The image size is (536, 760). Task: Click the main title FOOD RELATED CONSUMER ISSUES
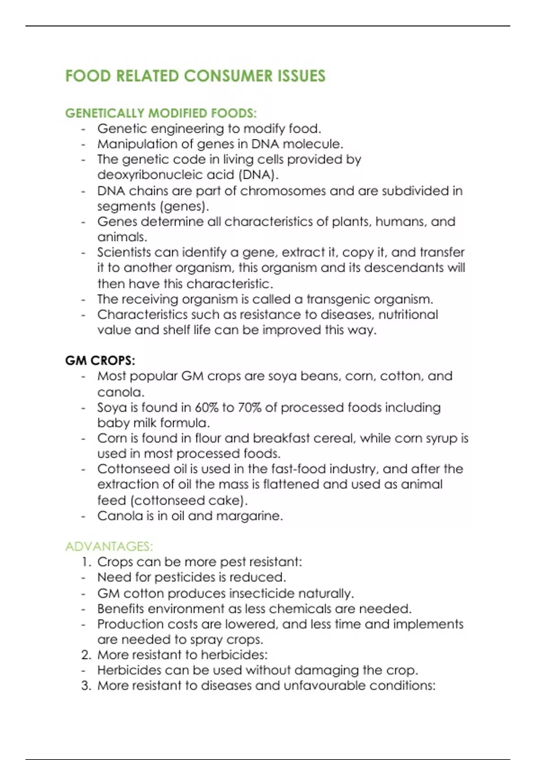195,76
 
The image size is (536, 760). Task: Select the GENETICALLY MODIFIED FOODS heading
161,113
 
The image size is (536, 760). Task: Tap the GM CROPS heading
100,360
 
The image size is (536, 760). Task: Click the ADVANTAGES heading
109,546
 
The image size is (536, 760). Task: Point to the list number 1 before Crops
86,562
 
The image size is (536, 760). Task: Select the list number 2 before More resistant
86,655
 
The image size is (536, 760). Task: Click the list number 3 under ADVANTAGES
86,686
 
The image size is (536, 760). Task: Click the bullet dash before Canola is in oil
83,516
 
